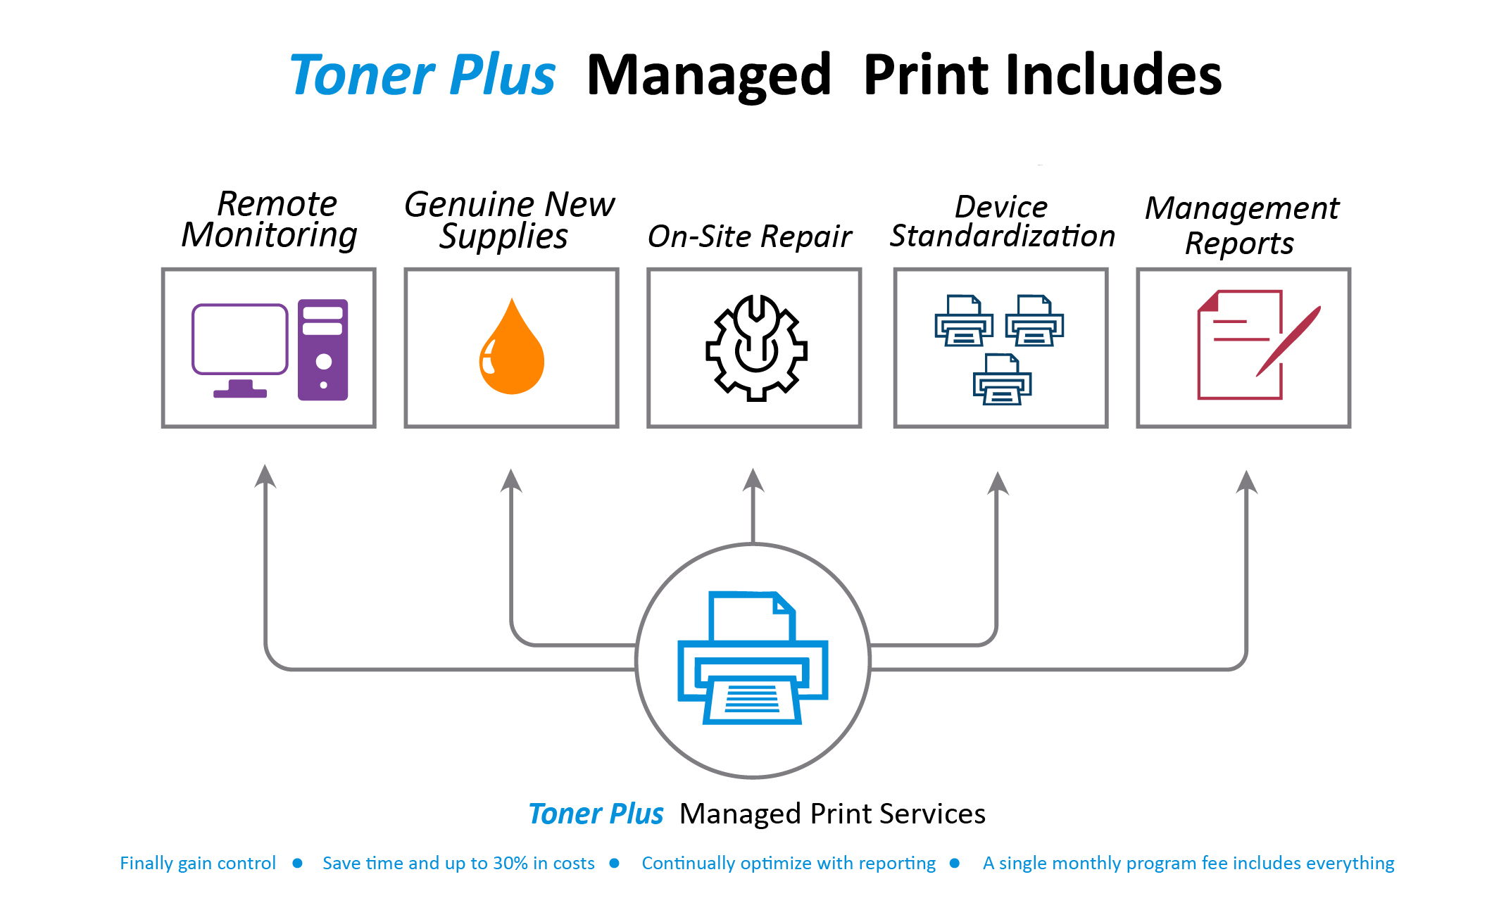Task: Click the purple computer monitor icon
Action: coord(239,341)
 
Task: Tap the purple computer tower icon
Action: coord(322,350)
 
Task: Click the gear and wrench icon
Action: coord(756,348)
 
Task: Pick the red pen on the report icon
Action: coord(1288,341)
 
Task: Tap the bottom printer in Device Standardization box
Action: coord(1002,379)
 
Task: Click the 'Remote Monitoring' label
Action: coord(270,220)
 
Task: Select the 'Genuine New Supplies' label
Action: coord(508,220)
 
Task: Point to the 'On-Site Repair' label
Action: coord(750,236)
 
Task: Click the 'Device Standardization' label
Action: coord(1002,221)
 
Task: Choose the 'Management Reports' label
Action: coord(1242,225)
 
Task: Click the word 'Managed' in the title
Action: coord(708,76)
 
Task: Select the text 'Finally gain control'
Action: coord(198,863)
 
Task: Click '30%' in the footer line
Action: coord(510,863)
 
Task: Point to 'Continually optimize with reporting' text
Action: coord(789,863)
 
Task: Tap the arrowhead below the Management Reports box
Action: coord(1246,483)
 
